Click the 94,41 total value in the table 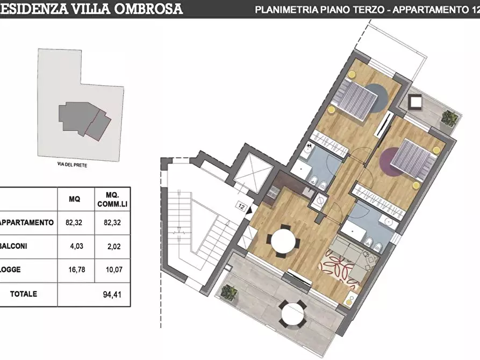(x=112, y=294)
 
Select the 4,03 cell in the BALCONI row (x=75, y=246)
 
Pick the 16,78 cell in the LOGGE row (x=75, y=270)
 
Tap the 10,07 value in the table (x=112, y=270)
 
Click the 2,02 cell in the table (x=112, y=246)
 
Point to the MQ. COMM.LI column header (x=112, y=199)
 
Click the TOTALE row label (x=24, y=294)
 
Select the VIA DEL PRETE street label (x=71, y=165)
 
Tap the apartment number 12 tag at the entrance (x=241, y=205)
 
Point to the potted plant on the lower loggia (x=230, y=292)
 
